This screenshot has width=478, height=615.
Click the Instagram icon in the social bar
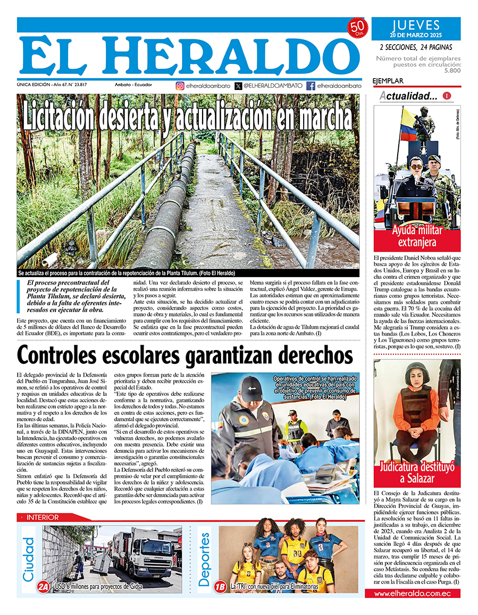[180, 86]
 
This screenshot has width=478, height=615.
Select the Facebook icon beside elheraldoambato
[311, 86]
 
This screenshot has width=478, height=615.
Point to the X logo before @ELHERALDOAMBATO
[238, 86]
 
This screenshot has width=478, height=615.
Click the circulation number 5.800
[452, 70]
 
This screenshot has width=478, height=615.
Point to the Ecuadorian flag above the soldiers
[408, 123]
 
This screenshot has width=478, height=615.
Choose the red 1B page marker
[220, 586]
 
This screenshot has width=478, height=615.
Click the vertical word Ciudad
[29, 559]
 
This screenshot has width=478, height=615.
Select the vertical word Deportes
[205, 559]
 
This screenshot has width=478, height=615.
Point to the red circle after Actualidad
[447, 96]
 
